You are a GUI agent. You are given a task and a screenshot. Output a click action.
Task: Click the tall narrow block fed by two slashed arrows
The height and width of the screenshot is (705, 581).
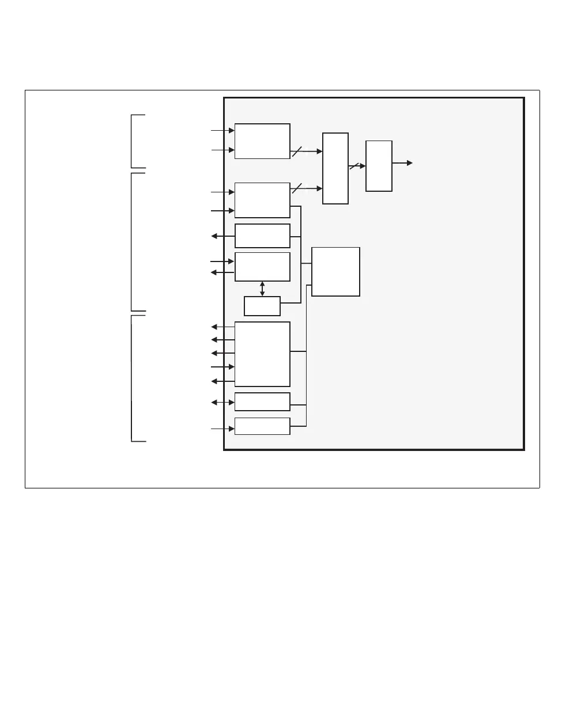click(x=335, y=168)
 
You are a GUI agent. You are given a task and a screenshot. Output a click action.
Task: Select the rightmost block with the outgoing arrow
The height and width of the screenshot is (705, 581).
click(x=379, y=166)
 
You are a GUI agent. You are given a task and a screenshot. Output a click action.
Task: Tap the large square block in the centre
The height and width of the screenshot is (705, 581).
click(x=335, y=272)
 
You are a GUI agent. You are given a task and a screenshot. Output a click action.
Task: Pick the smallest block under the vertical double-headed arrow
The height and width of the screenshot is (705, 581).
click(x=262, y=306)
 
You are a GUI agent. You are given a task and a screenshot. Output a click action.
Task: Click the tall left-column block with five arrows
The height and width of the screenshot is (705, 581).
click(x=262, y=354)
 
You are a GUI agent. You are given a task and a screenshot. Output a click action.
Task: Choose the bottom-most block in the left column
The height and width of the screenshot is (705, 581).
click(x=262, y=426)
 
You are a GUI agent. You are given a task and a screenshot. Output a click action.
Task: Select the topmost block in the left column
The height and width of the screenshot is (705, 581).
click(x=262, y=141)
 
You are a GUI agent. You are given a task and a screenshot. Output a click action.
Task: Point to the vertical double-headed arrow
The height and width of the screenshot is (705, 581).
click(x=262, y=289)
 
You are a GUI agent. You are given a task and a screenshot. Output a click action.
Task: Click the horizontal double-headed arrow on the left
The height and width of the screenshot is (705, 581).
click(x=223, y=402)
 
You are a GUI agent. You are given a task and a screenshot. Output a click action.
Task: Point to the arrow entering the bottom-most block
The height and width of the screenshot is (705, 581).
click(x=223, y=429)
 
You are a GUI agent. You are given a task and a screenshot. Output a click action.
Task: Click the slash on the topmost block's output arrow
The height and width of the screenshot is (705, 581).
click(x=297, y=151)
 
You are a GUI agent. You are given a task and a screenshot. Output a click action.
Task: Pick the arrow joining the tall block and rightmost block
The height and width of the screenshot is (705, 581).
click(x=357, y=166)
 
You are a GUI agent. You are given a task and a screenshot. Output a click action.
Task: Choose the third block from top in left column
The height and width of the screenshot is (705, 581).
click(x=262, y=236)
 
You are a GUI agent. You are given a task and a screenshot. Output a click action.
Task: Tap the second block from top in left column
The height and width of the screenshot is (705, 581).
click(x=262, y=200)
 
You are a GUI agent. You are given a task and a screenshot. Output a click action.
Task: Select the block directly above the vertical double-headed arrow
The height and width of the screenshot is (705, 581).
click(x=262, y=267)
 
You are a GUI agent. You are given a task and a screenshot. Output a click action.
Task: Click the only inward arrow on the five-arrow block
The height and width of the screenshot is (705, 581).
click(x=223, y=367)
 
